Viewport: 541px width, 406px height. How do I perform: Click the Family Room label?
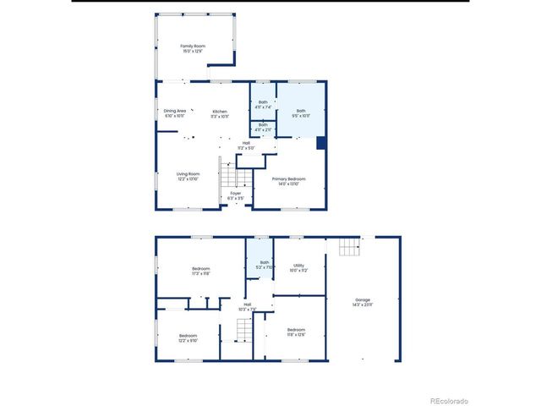(193, 48)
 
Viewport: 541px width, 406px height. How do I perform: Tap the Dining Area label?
(175, 113)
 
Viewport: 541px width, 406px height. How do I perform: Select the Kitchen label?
(220, 113)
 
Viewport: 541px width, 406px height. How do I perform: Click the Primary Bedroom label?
(288, 180)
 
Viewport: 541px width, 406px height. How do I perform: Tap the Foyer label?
(236, 195)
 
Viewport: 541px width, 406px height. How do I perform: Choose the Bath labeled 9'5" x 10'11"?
(301, 112)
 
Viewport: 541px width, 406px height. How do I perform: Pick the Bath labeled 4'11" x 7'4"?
(264, 105)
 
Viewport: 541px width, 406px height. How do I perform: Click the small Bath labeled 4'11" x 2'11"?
(264, 127)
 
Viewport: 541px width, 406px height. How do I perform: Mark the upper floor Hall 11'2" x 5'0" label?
(246, 145)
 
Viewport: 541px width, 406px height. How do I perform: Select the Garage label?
(363, 303)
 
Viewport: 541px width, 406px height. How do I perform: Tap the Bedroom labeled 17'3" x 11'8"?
(200, 271)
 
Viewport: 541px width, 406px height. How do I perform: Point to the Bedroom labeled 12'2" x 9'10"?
(188, 338)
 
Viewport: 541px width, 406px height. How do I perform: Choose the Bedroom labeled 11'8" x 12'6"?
(295, 332)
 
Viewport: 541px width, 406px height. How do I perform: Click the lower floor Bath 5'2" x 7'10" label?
(264, 265)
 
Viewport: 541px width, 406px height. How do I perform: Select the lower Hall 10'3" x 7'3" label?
(247, 306)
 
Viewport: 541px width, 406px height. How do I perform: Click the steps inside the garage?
(349, 246)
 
